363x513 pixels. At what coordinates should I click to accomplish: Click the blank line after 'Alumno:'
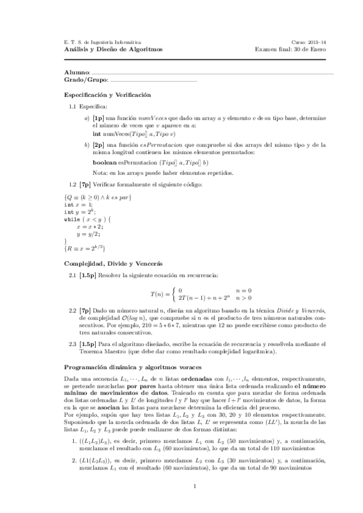coord(212,73)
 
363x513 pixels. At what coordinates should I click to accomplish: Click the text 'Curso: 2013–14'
coord(308,42)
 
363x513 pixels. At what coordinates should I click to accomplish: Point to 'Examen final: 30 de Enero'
coord(290,49)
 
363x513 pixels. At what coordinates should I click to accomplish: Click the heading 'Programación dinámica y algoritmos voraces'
coord(133,368)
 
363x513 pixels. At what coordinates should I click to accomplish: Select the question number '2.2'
coord(72,309)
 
